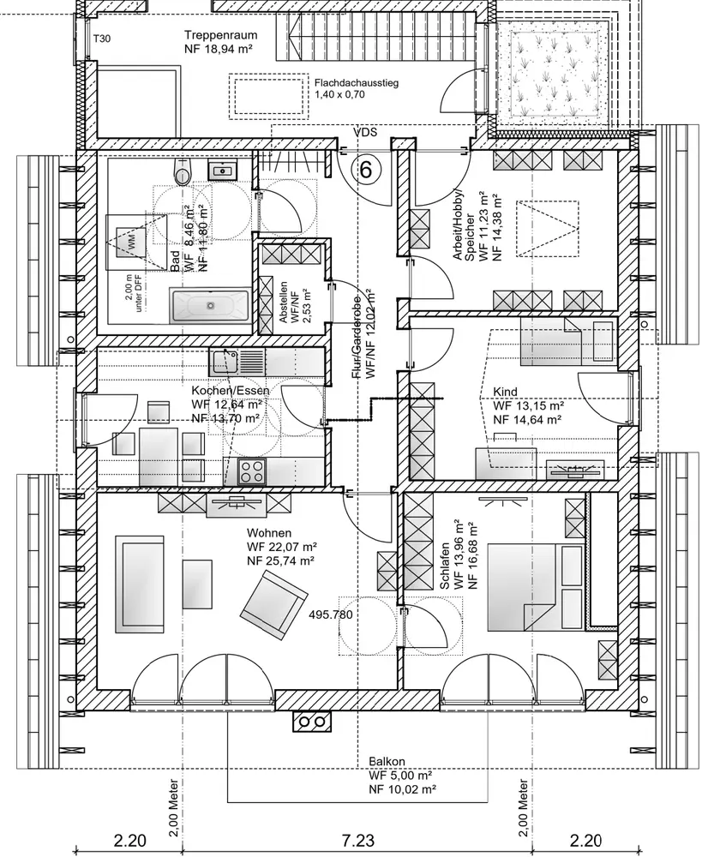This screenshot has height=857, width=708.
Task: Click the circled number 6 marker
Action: coord(366,170)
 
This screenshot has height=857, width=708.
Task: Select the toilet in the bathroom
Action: coord(183,173)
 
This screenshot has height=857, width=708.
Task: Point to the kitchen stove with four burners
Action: coord(252,470)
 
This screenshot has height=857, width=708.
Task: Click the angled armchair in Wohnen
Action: coord(273,603)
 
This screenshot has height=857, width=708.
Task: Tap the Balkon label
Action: coord(387,760)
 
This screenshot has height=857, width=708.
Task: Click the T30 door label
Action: coord(101,39)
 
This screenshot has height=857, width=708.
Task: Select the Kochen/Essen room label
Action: coord(230,391)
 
